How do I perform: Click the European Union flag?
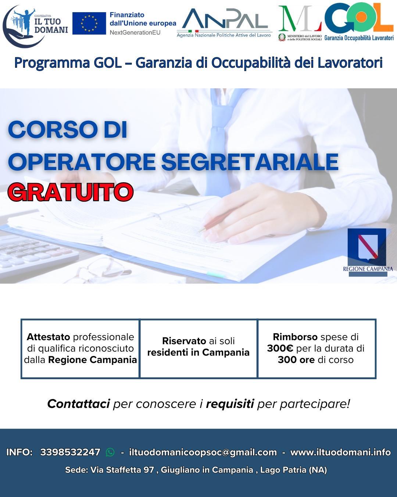point(89,23)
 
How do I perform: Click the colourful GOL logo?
point(359,18)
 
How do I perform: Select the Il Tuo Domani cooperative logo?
point(35,26)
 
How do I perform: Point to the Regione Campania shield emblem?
point(366,247)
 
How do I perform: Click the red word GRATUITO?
point(71,192)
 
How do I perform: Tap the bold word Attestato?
point(49,337)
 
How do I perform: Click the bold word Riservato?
point(184,341)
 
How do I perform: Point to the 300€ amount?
point(280,348)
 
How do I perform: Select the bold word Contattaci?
point(78,404)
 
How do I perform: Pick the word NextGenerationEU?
point(135,32)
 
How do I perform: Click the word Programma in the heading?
point(52,63)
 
